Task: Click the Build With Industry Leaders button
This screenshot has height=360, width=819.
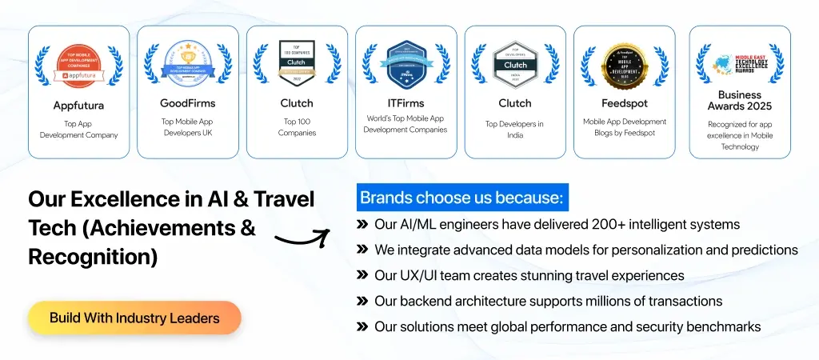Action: tap(134, 318)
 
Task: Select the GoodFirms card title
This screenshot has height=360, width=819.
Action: tap(187, 102)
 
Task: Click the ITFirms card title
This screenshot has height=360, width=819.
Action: tap(406, 102)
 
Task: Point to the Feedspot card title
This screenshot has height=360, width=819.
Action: tap(624, 102)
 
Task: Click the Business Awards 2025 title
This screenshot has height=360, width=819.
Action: tap(740, 100)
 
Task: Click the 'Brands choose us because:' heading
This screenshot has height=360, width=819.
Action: tap(461, 198)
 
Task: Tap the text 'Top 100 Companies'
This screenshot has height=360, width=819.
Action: tap(297, 126)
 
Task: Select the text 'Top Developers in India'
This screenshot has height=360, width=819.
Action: tap(514, 129)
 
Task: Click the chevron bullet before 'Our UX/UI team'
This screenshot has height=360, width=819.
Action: tap(362, 275)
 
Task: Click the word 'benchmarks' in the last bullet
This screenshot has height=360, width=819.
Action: tap(725, 326)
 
